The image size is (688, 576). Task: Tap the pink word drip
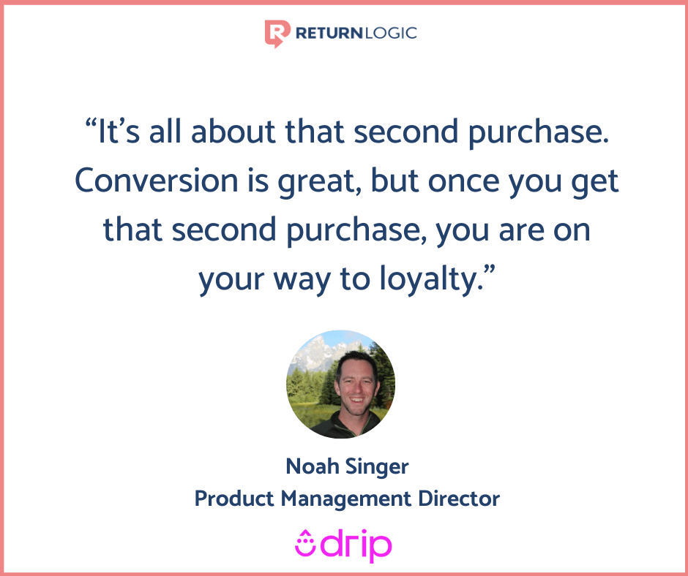click(359, 545)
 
